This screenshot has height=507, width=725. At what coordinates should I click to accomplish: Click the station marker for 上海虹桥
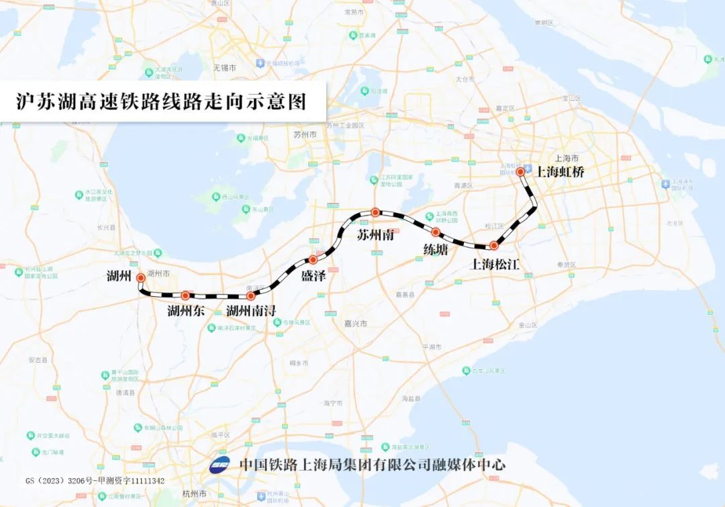coord(520,172)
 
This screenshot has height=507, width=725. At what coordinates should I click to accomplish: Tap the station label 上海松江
coord(495,264)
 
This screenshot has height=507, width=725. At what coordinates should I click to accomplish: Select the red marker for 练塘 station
coord(436,232)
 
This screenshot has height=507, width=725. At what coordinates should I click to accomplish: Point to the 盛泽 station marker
coord(312,259)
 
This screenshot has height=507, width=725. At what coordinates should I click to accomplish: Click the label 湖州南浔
coord(251,311)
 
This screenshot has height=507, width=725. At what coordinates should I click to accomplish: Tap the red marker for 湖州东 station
coord(185,295)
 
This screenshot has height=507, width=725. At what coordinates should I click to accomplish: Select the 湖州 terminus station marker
coord(140,277)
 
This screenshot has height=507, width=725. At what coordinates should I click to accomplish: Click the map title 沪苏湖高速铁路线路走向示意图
coord(161,101)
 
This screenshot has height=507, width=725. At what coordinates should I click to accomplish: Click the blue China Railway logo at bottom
coord(220,465)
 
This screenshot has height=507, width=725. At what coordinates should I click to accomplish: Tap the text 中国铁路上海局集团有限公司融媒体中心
coord(372,465)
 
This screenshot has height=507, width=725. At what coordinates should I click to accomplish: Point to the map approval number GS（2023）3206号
coord(95,481)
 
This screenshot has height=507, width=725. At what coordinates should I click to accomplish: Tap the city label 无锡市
coord(225,68)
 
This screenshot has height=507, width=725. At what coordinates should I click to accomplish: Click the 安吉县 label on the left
coord(38,360)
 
